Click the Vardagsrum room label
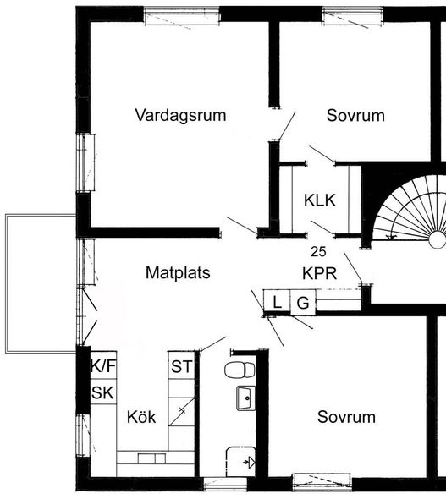pyautogui.click(x=180, y=115)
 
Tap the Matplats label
pyautogui.click(x=178, y=272)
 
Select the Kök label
pyautogui.click(x=141, y=417)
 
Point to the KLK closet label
pyautogui.click(x=320, y=200)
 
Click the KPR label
pyautogui.click(x=319, y=273)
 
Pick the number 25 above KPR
pyautogui.click(x=318, y=252)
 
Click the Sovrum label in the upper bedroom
pyautogui.click(x=355, y=115)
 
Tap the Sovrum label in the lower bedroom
pyautogui.click(x=346, y=417)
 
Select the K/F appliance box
pyautogui.click(x=103, y=365)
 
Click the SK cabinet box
pyautogui.click(x=103, y=392)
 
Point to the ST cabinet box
pyautogui.click(x=181, y=365)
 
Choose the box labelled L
pyautogui.click(x=277, y=302)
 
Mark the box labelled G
pyautogui.click(x=303, y=302)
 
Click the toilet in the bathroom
pyautogui.click(x=240, y=370)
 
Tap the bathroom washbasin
pyautogui.click(x=245, y=398)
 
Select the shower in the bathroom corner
pyautogui.click(x=240, y=462)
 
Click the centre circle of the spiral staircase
pyautogui.click(x=438, y=239)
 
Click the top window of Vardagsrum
pyautogui.click(x=182, y=16)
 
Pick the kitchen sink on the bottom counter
pyautogui.click(x=151, y=458)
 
